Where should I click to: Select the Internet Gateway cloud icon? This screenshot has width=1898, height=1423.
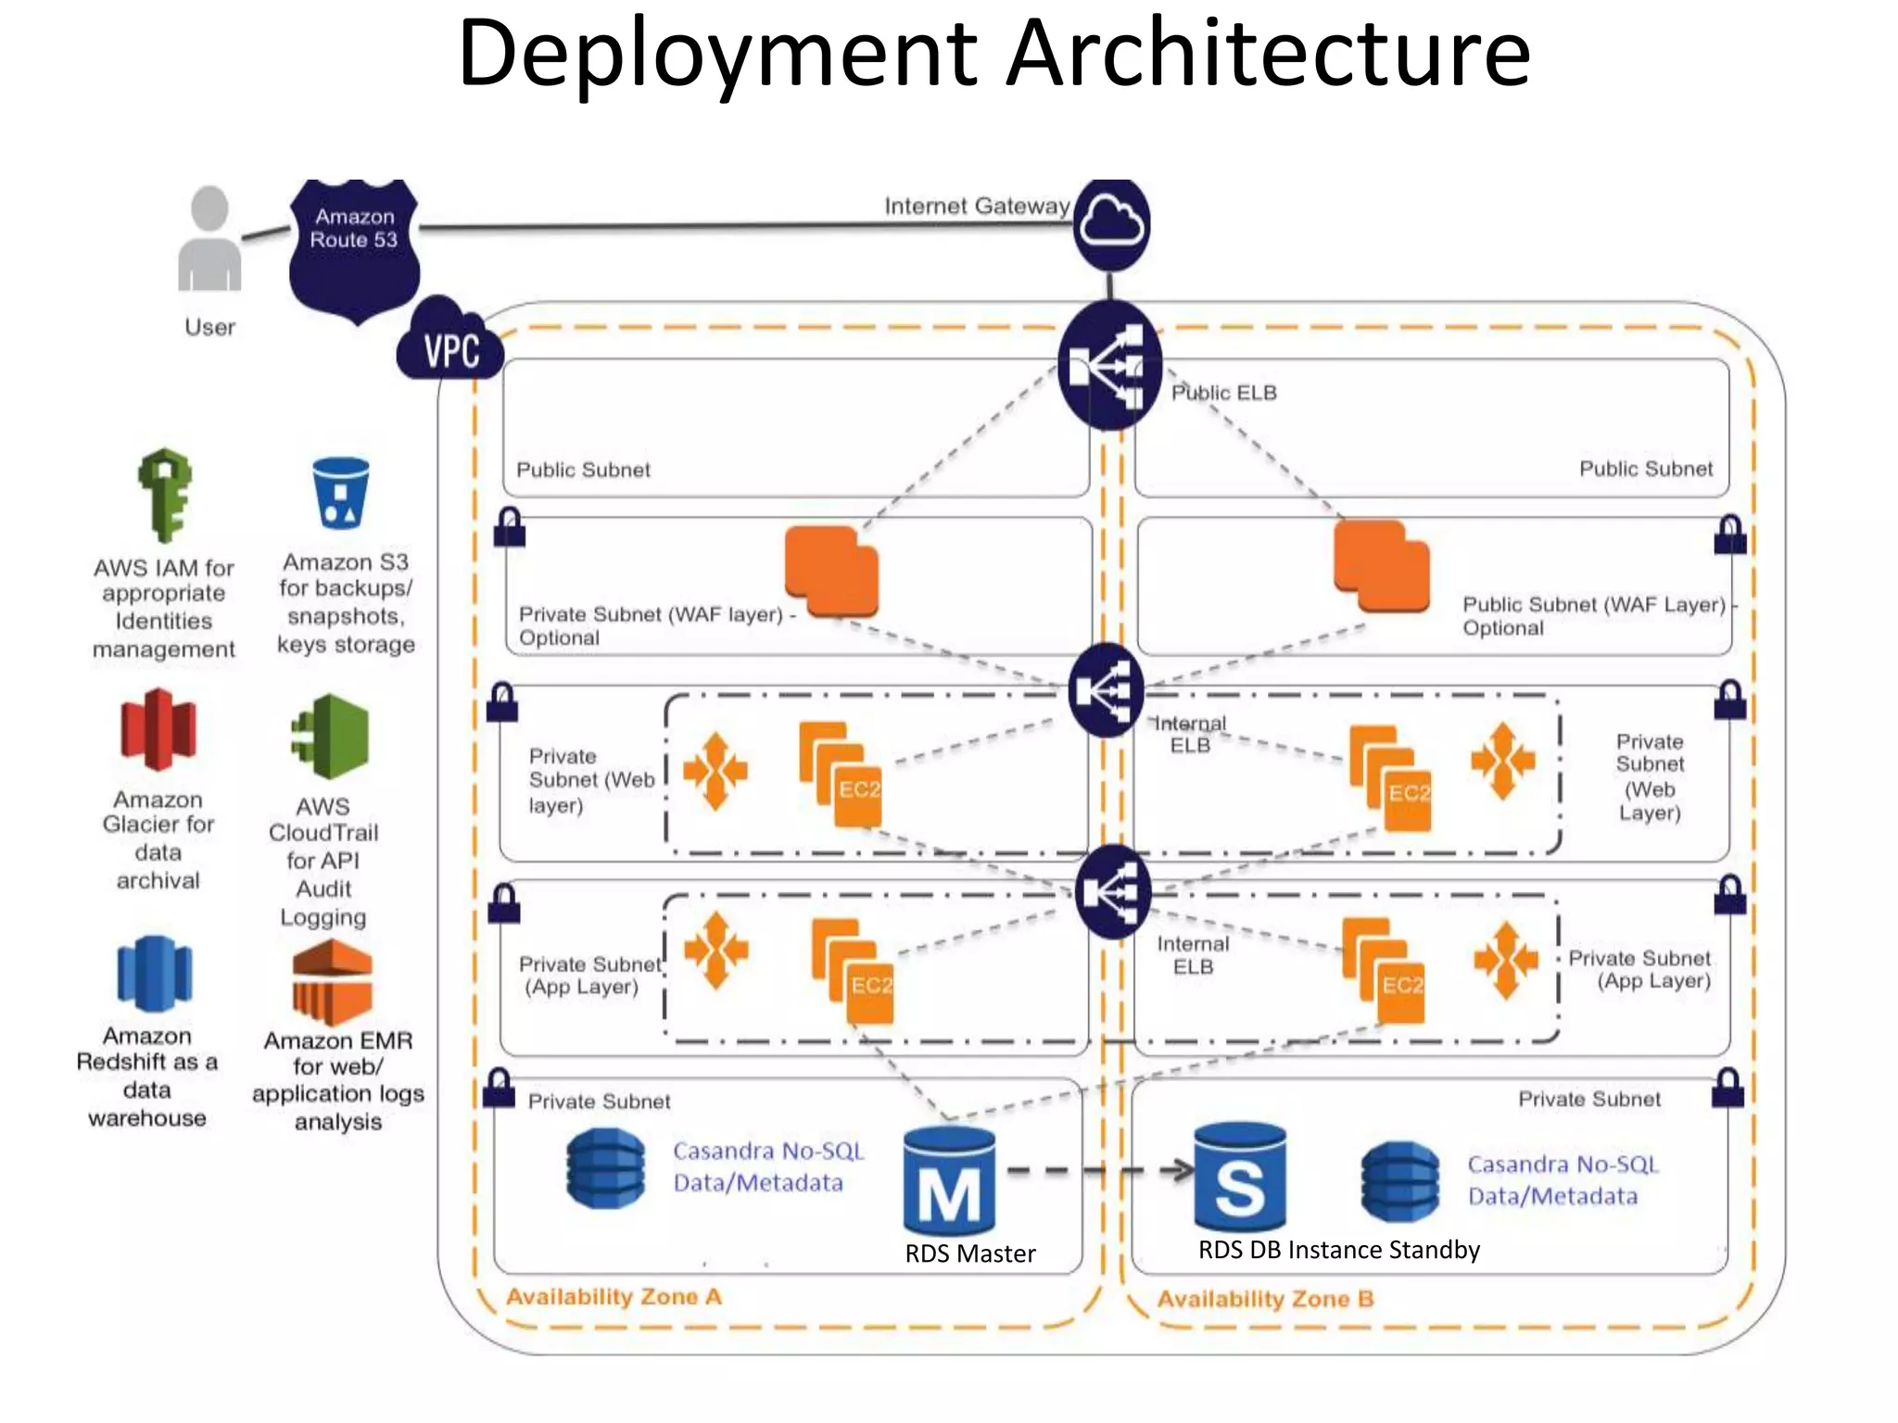(x=1111, y=225)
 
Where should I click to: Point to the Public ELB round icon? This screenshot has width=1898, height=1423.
(x=1109, y=367)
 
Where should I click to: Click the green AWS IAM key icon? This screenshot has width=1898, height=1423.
(x=165, y=495)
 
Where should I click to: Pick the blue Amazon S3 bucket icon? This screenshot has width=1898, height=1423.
(x=341, y=493)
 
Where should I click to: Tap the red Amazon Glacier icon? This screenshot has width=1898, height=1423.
(x=158, y=730)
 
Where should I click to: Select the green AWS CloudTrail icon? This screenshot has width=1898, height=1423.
(x=330, y=737)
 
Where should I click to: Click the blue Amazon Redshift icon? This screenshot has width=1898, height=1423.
(x=154, y=974)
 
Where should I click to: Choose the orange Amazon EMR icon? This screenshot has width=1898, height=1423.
(x=332, y=981)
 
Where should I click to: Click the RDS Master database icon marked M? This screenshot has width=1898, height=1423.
(x=949, y=1180)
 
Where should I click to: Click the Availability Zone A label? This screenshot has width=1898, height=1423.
(x=614, y=1296)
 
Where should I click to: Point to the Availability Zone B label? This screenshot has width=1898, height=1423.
(x=1265, y=1299)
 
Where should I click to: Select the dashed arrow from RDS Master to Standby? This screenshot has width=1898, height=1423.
(x=1099, y=1171)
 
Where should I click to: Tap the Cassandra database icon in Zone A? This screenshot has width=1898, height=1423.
(x=605, y=1168)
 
